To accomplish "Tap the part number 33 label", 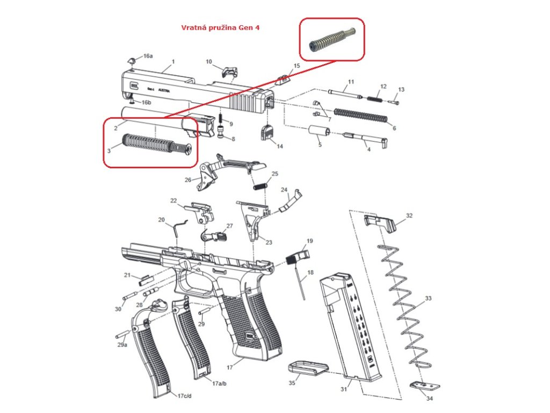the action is tap(428, 298).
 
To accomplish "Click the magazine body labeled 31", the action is tap(352, 328).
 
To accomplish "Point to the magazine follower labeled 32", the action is tap(381, 222).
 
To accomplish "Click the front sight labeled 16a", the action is tap(131, 59).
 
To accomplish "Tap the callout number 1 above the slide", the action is tap(173, 62).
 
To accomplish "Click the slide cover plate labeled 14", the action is tap(267, 132).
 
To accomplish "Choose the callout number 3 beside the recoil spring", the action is tap(109, 151).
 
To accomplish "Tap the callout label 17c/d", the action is tap(184, 395).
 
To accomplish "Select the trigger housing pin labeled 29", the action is tap(204, 312).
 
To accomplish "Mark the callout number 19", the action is tap(309, 240).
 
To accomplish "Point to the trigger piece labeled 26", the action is tap(206, 175).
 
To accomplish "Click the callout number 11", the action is tap(351, 82).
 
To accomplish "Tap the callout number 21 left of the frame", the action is tap(127, 275).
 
